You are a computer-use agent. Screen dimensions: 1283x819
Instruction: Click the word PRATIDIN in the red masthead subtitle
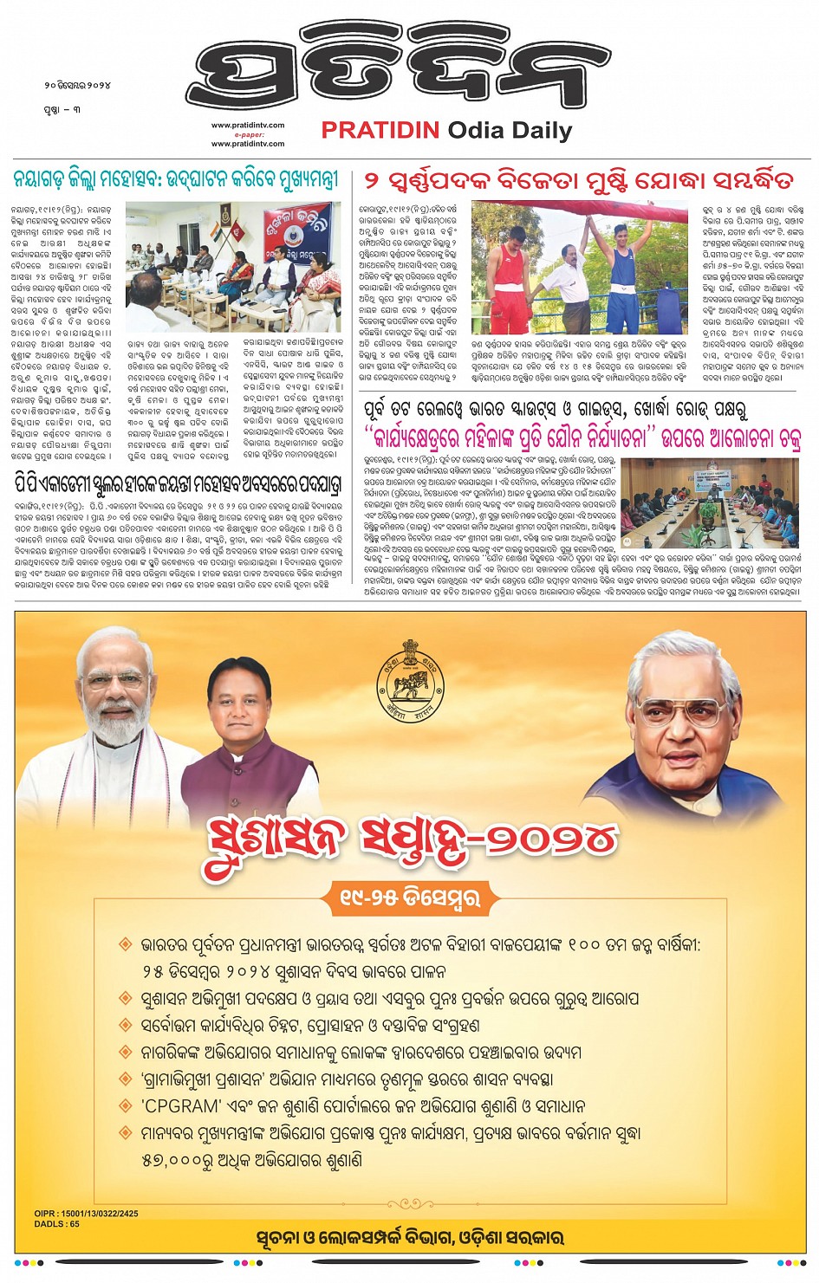(381, 131)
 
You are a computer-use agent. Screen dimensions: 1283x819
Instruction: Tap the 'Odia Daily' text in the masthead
(510, 131)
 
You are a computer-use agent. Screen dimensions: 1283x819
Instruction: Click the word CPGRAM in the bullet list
(180, 1106)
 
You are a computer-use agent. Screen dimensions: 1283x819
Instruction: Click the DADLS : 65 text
(57, 1224)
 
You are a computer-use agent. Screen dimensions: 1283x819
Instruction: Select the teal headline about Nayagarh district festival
(175, 180)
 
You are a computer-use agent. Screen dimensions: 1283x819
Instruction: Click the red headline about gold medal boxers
(578, 181)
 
